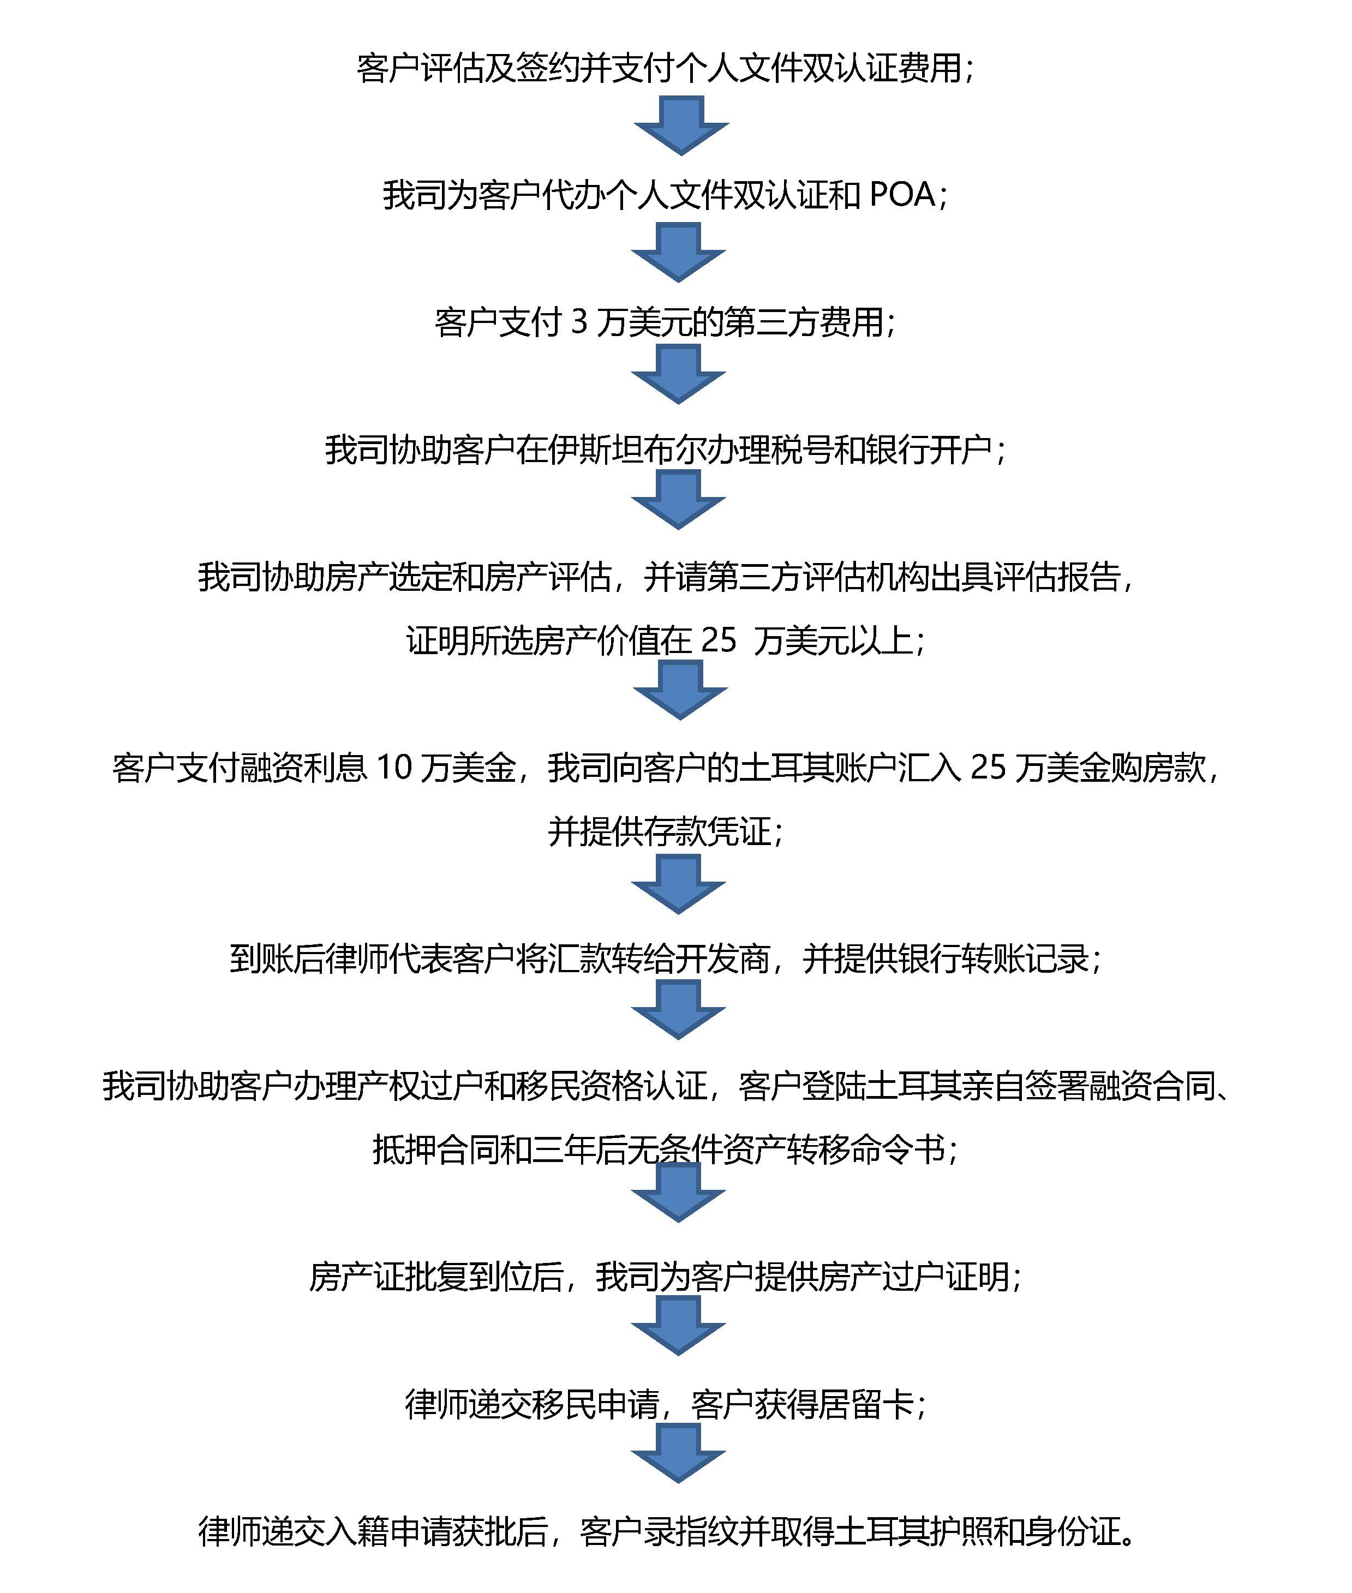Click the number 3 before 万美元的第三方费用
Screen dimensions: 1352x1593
pyautogui.click(x=579, y=322)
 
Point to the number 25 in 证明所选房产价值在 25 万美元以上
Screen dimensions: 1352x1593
pyautogui.click(x=718, y=640)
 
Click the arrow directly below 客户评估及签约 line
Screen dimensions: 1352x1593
pyautogui.click(x=680, y=125)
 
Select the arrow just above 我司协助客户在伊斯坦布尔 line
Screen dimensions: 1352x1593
pyautogui.click(x=678, y=374)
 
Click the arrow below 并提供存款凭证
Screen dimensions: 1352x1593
pyautogui.click(x=678, y=884)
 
